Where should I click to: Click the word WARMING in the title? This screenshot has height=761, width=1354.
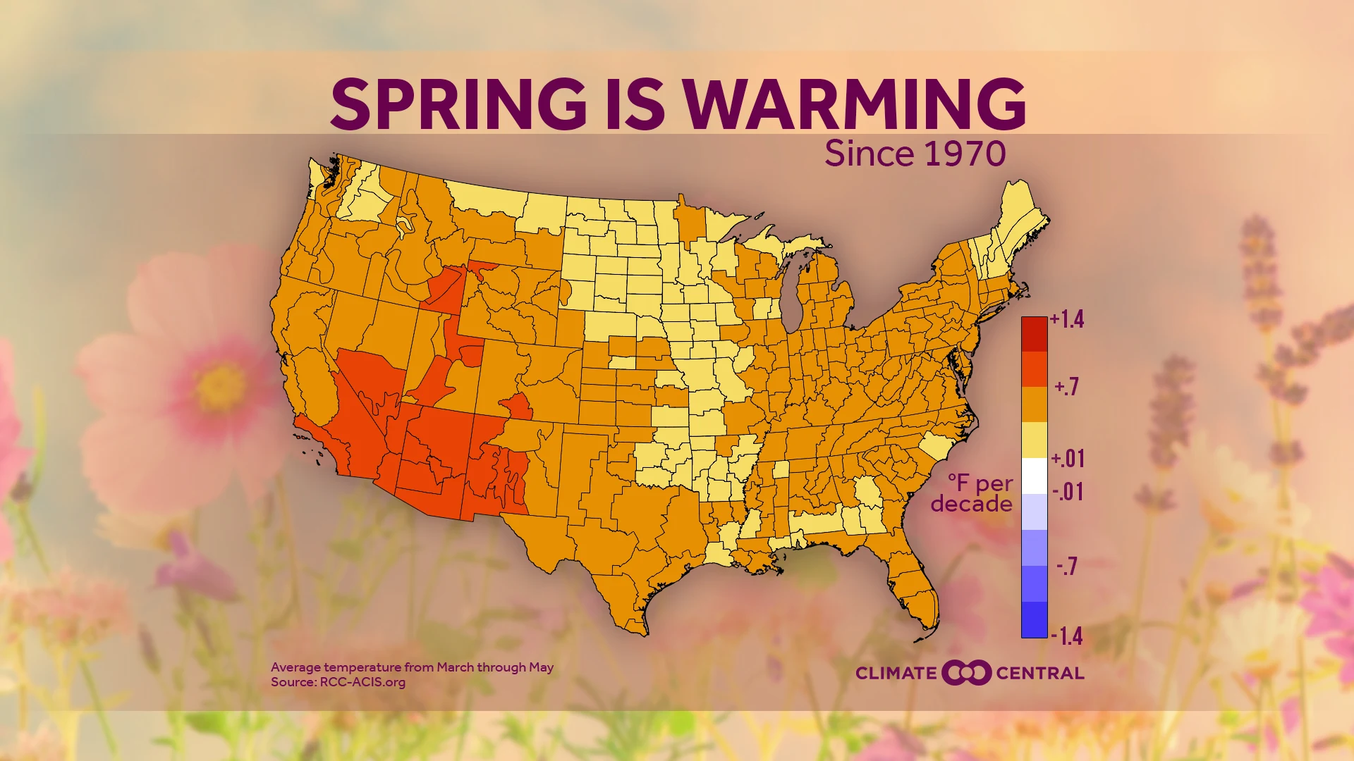pos(854,104)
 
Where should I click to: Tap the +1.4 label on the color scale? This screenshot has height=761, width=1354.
pos(1067,320)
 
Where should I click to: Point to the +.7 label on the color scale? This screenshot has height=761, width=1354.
pos(1067,387)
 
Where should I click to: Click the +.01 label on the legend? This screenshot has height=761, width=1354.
pos(1068,459)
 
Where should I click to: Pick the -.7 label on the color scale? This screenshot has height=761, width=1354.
pos(1067,567)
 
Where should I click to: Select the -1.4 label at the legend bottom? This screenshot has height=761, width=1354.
pos(1067,636)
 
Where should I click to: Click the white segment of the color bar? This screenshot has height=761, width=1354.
pos(1034,476)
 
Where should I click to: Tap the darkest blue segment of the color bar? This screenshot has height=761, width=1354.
pos(1034,620)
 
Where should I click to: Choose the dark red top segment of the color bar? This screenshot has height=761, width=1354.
pos(1034,334)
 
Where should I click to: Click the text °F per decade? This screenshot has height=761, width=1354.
pos(973,493)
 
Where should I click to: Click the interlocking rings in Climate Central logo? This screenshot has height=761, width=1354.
pos(966,673)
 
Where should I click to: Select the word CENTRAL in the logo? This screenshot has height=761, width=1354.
pos(1040,674)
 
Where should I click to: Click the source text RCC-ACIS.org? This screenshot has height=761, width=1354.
pos(362,682)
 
